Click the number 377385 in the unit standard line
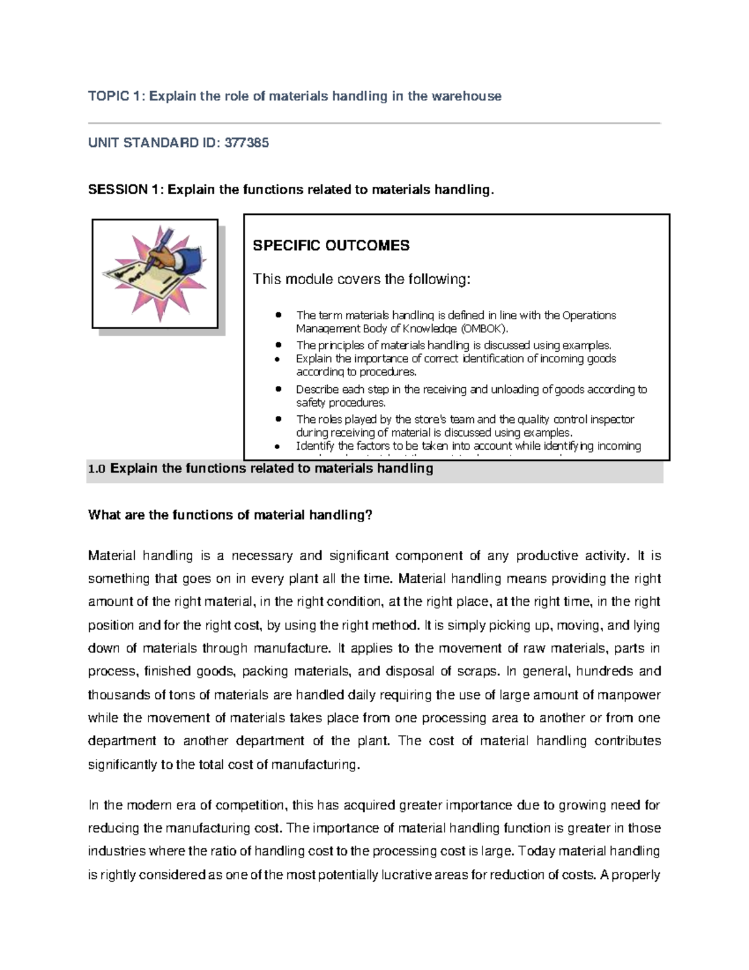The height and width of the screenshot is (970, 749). [247, 143]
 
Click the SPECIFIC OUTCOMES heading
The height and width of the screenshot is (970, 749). [331, 245]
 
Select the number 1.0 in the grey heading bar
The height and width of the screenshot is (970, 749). [97, 469]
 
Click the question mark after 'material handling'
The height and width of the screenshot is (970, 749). [369, 515]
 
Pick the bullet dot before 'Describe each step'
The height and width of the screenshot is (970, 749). [279, 389]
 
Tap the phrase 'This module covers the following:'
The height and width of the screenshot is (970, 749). [361, 279]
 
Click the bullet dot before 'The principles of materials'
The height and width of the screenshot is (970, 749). [279, 345]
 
